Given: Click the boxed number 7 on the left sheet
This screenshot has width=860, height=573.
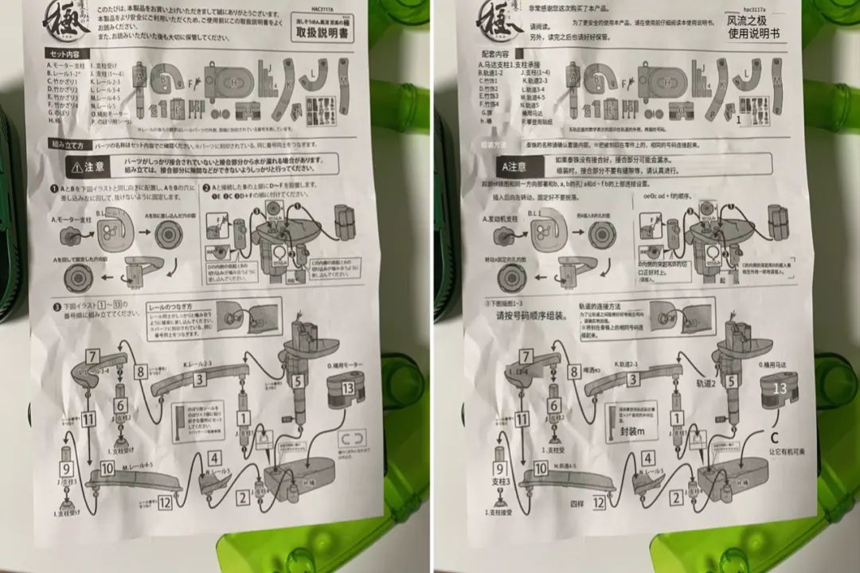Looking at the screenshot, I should pos(93,357).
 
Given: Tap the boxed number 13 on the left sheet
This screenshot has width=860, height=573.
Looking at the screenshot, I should pos(347,388).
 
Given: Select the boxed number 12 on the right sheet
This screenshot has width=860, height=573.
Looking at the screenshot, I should pos(598,503).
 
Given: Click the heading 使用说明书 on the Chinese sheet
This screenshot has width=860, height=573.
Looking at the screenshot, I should pos(753,34).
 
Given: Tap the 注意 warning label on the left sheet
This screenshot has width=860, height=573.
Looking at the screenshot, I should pos(89,167).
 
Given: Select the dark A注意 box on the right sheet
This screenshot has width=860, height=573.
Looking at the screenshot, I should pos(513,167).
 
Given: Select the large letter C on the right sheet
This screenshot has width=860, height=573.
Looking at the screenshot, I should pos(773,437).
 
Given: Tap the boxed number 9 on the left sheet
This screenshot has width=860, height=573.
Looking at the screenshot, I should pos(66,470).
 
